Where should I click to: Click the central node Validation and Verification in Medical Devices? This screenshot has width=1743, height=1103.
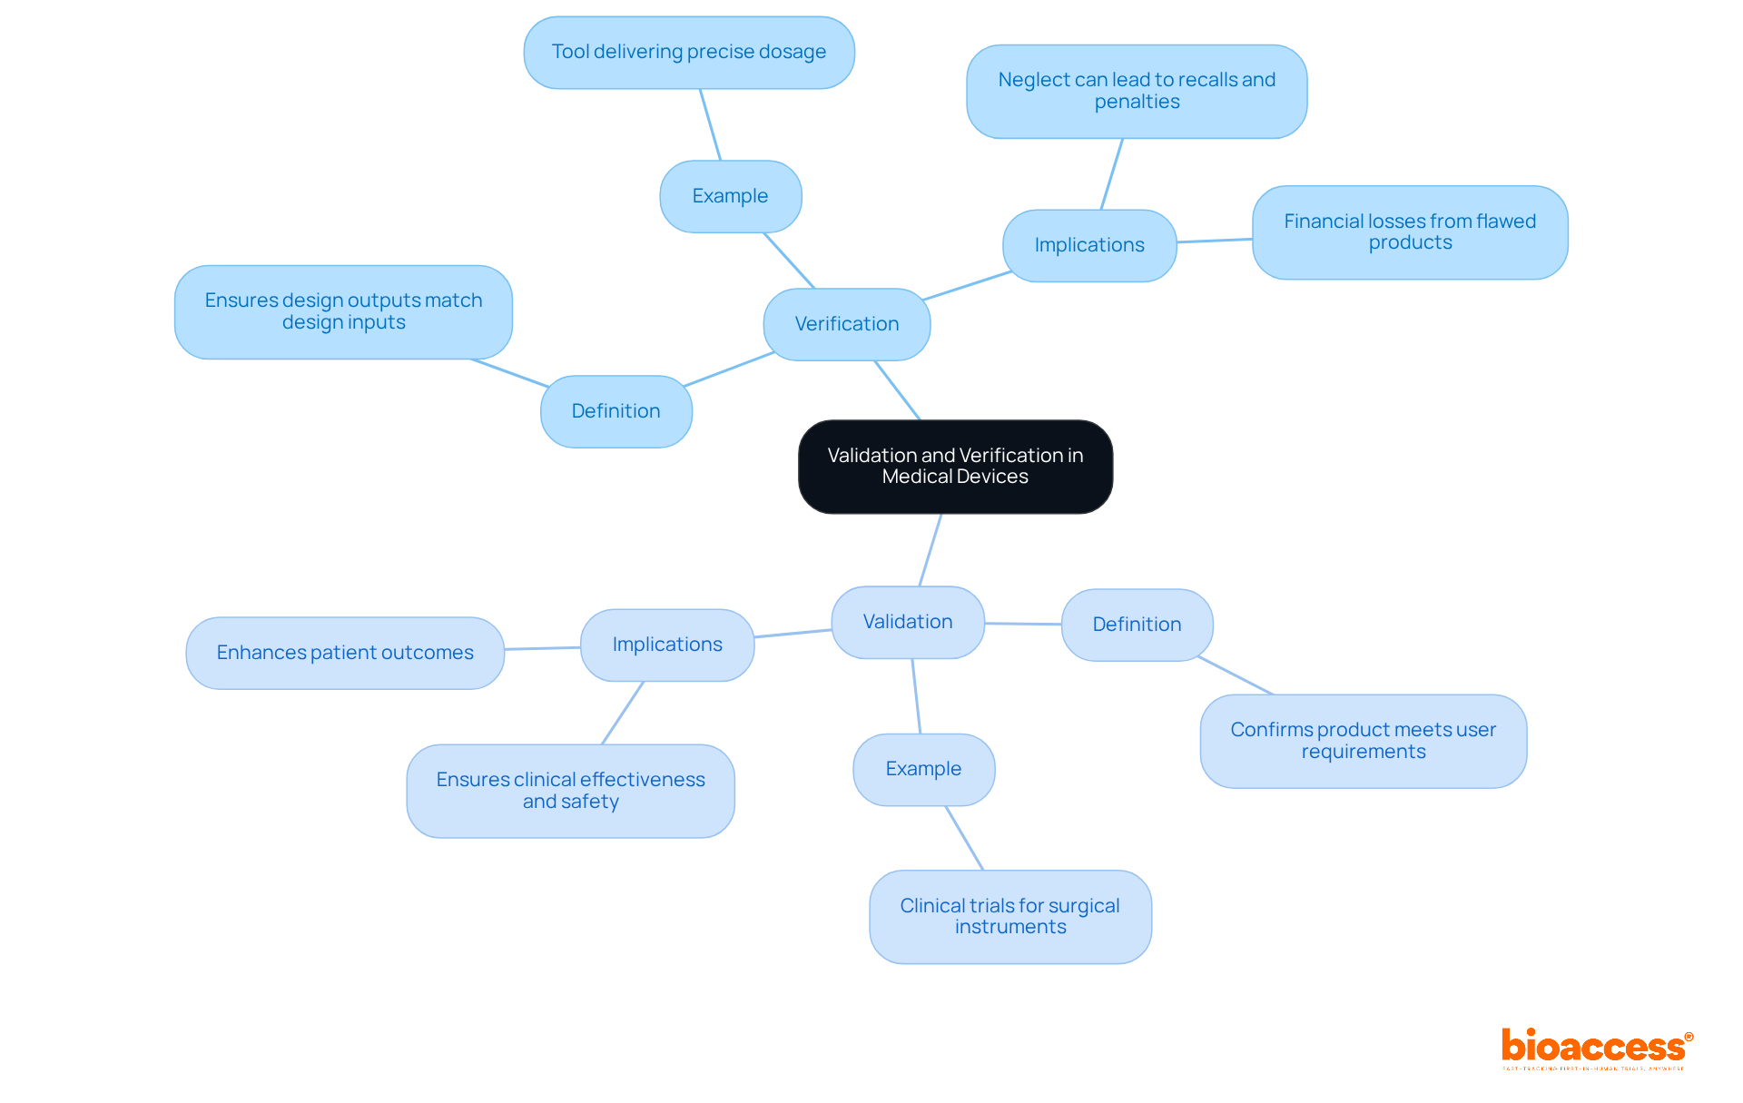tap(955, 467)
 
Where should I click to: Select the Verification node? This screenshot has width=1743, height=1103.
tap(847, 324)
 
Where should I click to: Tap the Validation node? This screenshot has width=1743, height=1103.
tap(908, 622)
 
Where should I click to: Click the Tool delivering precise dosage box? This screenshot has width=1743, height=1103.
tap(689, 53)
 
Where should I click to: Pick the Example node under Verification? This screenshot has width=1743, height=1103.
tap(730, 196)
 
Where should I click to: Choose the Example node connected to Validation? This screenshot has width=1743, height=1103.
tap(923, 769)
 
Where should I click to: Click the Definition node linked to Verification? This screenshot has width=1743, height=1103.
tap(615, 411)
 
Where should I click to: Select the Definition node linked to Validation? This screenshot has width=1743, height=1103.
tap(1137, 625)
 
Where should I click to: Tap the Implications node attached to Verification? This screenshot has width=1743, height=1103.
tap(1089, 245)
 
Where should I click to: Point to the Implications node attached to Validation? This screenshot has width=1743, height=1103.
tap(667, 645)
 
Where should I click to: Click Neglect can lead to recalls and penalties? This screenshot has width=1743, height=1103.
tap(1137, 91)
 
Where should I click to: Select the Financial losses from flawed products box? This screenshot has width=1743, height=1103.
tap(1410, 232)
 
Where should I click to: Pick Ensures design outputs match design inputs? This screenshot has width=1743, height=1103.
tap(343, 311)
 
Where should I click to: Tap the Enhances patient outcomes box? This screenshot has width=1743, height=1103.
tap(345, 653)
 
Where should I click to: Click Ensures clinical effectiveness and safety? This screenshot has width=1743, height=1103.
tap(570, 791)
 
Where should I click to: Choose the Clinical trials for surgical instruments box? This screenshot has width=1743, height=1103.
tap(1009, 916)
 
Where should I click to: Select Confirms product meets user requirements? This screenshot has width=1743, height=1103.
tap(1363, 741)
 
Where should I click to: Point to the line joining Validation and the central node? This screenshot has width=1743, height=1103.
tap(931, 550)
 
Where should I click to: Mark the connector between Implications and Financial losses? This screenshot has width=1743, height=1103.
tap(1215, 241)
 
